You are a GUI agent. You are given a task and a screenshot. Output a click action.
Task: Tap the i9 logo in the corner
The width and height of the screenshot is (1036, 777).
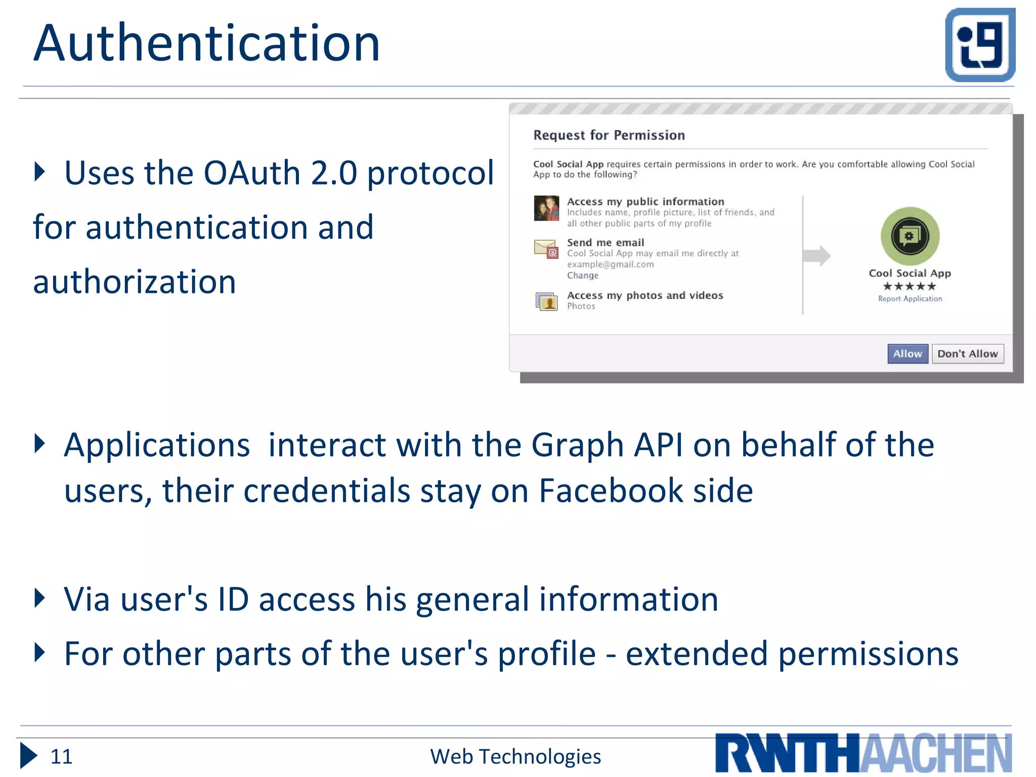pos(980,45)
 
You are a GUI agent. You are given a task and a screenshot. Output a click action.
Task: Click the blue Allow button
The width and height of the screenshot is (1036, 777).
pos(908,354)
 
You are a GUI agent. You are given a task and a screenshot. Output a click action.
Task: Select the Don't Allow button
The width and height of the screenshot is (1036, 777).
pos(967,354)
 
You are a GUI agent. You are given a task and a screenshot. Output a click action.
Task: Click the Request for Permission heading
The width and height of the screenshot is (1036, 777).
pos(609,135)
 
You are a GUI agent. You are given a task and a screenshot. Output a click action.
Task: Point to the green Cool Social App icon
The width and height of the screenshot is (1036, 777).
pos(910,236)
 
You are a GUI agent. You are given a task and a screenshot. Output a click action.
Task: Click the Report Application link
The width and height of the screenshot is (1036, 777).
pos(910,298)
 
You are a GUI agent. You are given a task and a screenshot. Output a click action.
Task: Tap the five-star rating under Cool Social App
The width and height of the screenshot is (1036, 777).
pos(910,286)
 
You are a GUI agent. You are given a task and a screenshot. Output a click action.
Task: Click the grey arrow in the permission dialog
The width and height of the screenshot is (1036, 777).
pos(816,255)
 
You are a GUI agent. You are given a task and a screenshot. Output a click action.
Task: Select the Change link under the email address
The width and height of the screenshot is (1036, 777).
pos(583,275)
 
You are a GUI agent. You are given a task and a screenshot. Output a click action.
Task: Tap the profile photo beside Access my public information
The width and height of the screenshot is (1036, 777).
pos(546,208)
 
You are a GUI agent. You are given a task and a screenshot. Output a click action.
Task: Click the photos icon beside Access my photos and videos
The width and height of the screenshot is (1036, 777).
pos(546,301)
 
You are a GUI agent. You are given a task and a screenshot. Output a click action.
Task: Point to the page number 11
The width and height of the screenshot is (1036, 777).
pos(62,756)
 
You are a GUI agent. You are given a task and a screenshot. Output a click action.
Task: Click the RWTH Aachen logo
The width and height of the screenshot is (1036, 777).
pos(863,753)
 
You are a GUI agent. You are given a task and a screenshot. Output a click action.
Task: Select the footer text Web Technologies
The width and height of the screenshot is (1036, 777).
pos(515,756)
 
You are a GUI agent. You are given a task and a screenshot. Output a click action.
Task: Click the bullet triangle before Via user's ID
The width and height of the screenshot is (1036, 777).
pos(39,598)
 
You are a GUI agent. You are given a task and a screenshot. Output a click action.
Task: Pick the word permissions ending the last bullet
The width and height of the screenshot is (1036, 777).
pos(868,654)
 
